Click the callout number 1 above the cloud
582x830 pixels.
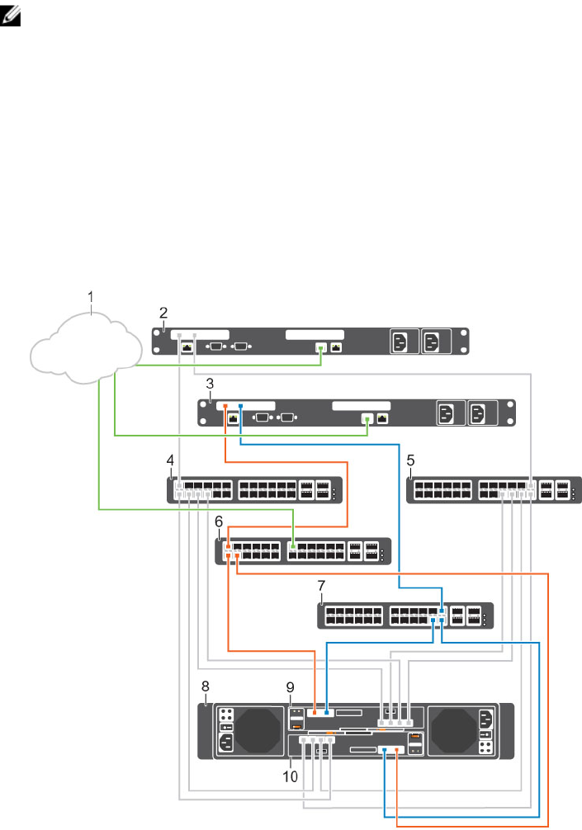click(92, 295)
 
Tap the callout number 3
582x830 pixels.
click(211, 383)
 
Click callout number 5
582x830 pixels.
click(411, 459)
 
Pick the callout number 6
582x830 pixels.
click(219, 521)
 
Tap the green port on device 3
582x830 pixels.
click(367, 419)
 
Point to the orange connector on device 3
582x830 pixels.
click(225, 406)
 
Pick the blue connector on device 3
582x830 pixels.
click(240, 406)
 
